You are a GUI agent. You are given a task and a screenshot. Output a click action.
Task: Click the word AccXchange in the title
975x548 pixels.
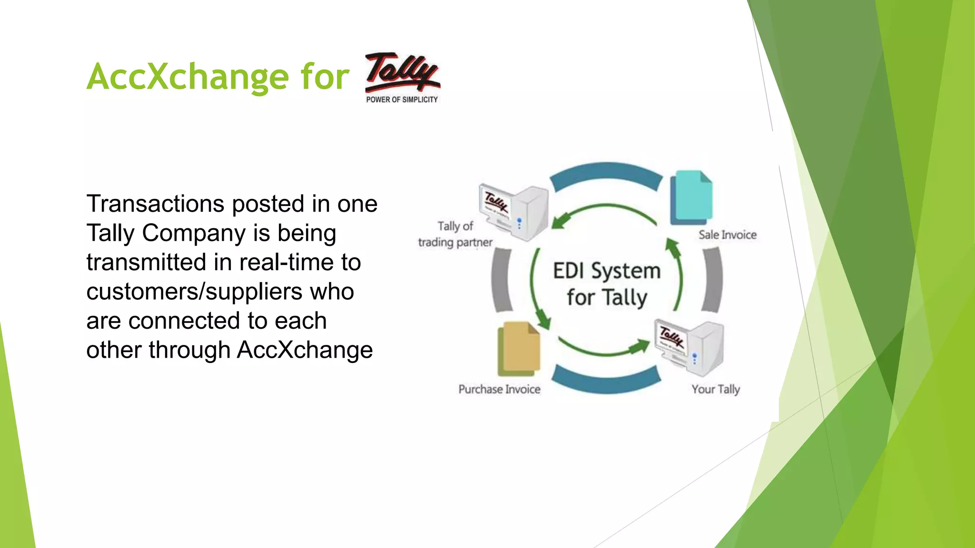click(188, 77)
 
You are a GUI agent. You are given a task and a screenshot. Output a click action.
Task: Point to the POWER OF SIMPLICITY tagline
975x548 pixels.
click(402, 99)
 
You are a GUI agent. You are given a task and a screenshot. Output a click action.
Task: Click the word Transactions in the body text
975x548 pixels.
click(155, 204)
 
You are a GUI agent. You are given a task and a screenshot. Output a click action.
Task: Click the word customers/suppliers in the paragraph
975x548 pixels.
click(194, 292)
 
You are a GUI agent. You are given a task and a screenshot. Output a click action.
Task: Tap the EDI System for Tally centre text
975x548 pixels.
click(607, 284)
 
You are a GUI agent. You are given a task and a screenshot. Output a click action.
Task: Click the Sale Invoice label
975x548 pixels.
click(727, 235)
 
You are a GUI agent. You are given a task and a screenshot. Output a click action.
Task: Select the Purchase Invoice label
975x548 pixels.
click(499, 390)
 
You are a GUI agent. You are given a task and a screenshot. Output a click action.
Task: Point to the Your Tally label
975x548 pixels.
click(716, 390)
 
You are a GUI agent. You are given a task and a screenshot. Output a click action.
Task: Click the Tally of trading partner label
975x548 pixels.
click(455, 235)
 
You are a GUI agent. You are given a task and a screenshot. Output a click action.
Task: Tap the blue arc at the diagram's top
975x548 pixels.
click(606, 173)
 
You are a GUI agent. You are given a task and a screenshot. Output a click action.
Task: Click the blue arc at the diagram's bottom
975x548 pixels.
click(606, 383)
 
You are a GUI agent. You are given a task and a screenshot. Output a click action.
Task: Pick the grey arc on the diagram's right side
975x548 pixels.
click(713, 280)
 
